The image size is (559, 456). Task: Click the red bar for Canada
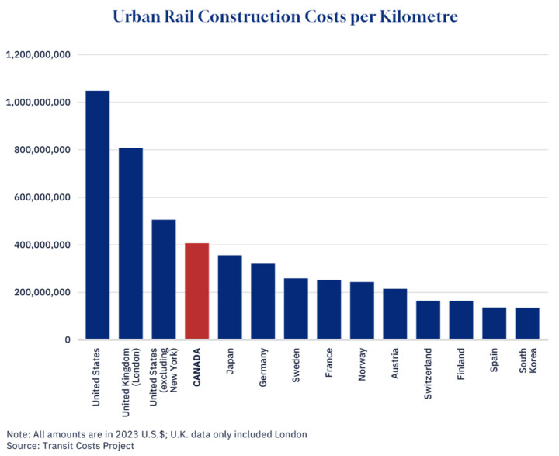point(197,291)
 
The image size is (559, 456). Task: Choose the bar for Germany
point(262,302)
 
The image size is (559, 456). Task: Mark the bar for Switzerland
point(428,320)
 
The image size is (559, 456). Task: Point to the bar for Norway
point(362,311)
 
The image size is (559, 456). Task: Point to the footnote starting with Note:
point(155,433)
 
